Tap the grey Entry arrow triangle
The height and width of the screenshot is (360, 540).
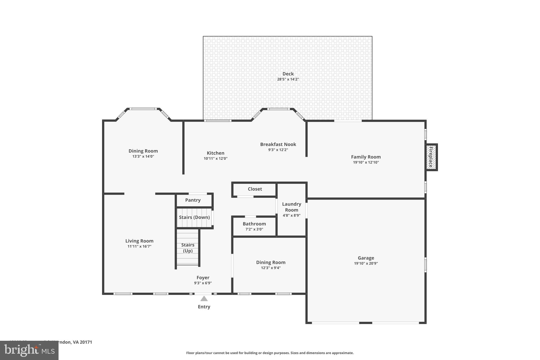[x=204, y=299]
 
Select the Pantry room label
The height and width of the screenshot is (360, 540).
[x=193, y=200]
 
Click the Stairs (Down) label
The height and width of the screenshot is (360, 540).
[x=194, y=217]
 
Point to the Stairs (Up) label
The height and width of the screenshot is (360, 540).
[x=188, y=248]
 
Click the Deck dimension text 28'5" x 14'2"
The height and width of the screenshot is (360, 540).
[x=288, y=79]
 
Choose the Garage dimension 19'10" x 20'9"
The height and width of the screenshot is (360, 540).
[x=366, y=263]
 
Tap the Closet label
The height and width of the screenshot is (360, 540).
[x=255, y=189]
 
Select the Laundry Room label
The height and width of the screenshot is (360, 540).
[x=291, y=207]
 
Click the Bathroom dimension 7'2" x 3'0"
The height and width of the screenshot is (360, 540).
[x=254, y=229]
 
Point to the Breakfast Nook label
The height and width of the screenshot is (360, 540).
[x=278, y=145]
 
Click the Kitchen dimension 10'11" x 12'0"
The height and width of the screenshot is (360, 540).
[x=215, y=159]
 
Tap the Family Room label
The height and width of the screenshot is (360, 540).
[x=366, y=157]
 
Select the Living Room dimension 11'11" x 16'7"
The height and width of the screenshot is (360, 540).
[x=139, y=247]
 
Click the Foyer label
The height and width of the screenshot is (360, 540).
[x=203, y=278]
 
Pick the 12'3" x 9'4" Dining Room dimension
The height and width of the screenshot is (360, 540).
[x=271, y=268]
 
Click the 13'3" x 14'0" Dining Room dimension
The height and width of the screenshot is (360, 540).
[x=143, y=156]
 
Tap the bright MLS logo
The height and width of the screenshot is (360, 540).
[x=29, y=351]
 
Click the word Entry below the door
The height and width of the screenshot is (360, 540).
[x=204, y=307]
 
